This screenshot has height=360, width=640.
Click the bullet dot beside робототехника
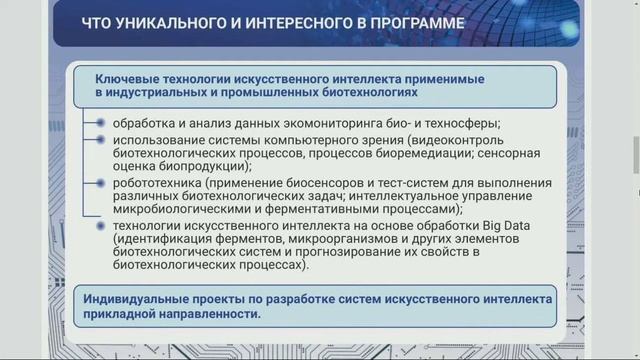tap(100, 184)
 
